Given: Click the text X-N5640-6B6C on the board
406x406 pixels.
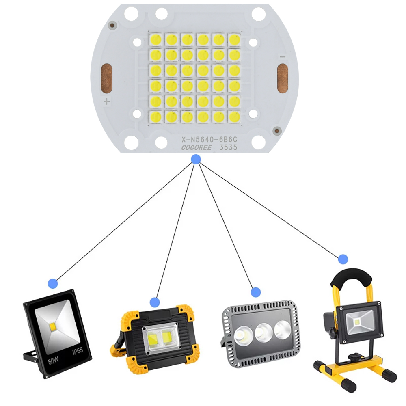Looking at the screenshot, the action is pyautogui.click(x=209, y=140).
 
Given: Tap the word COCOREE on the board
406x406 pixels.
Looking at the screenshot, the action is pyautogui.click(x=197, y=147).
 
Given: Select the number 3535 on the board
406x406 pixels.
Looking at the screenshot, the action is pyautogui.click(x=228, y=147).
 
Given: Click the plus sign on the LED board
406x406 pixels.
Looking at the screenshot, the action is pyautogui.click(x=107, y=101).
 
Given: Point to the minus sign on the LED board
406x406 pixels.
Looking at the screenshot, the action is pyautogui.click(x=283, y=57).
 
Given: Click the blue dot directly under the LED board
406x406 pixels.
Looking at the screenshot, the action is pyautogui.click(x=196, y=160).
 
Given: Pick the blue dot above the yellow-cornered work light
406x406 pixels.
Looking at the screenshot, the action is pyautogui.click(x=155, y=302).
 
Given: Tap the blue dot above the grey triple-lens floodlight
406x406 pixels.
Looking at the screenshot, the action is pyautogui.click(x=255, y=292).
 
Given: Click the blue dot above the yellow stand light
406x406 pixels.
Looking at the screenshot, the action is pyautogui.click(x=343, y=259).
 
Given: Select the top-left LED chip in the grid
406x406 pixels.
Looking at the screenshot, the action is pyautogui.click(x=155, y=39).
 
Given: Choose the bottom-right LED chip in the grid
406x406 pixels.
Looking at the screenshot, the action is pyautogui.click(x=234, y=117).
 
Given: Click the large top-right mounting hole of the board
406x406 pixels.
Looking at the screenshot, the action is pyautogui.click(x=258, y=15).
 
